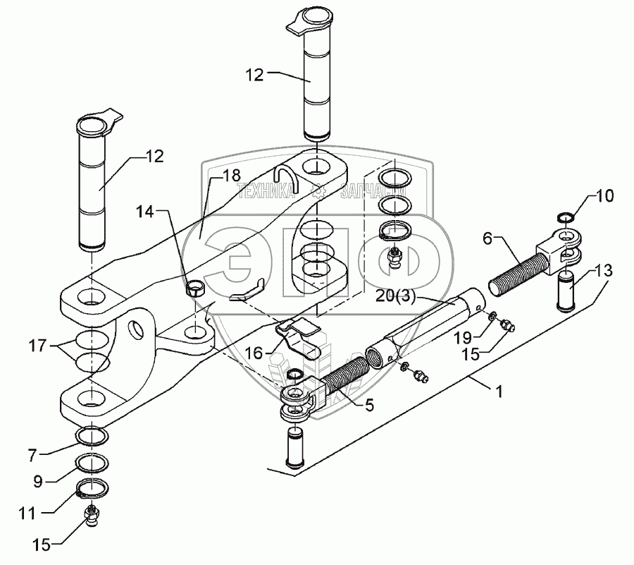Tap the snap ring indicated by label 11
point(92,487)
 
